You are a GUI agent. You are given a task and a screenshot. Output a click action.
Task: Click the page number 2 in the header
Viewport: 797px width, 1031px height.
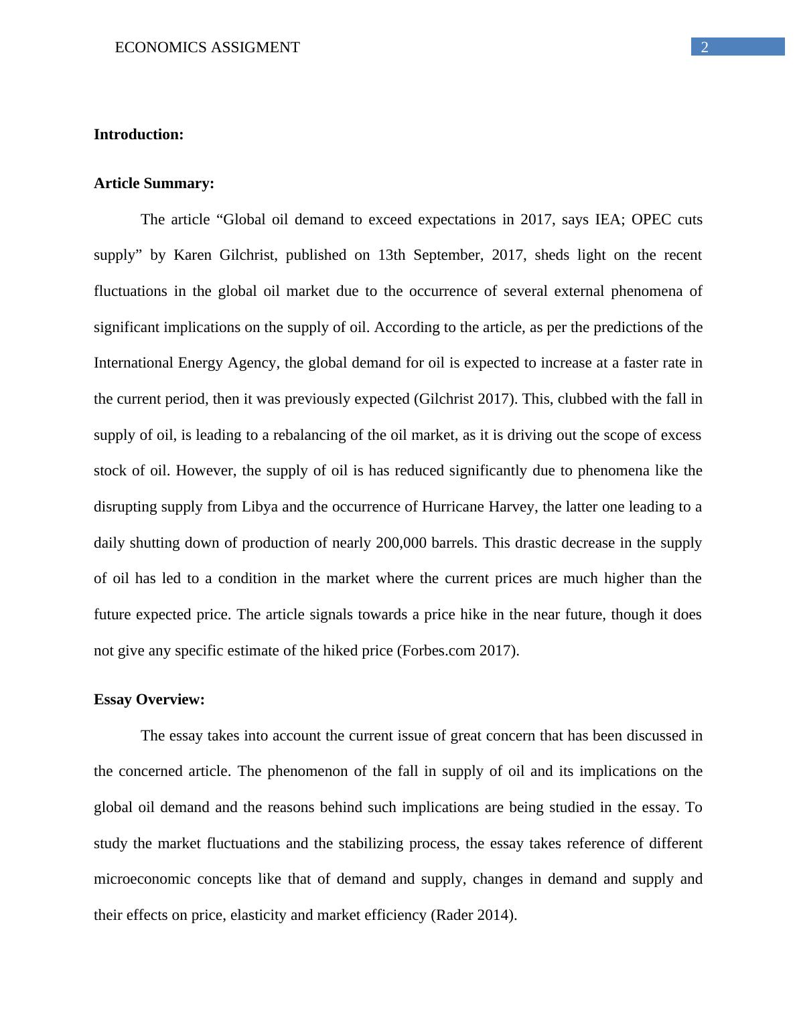pos(704,47)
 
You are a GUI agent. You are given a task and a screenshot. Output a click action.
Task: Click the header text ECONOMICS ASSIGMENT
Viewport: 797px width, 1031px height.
pos(207,48)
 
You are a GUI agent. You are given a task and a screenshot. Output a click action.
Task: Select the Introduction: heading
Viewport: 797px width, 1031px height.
pos(139,135)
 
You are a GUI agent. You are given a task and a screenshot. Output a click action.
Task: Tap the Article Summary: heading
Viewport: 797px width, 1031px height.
pos(154,183)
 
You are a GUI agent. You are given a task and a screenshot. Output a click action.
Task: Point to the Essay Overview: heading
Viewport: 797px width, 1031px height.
pos(149,700)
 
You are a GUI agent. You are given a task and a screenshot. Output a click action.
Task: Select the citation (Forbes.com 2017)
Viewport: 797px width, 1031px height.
pos(458,650)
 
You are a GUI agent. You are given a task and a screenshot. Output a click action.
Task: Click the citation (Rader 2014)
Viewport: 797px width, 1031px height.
pos(473,915)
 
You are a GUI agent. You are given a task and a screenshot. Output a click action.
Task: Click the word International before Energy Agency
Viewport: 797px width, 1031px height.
pos(133,363)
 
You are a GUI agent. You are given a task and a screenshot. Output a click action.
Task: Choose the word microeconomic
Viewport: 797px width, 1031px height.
pos(142,879)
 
